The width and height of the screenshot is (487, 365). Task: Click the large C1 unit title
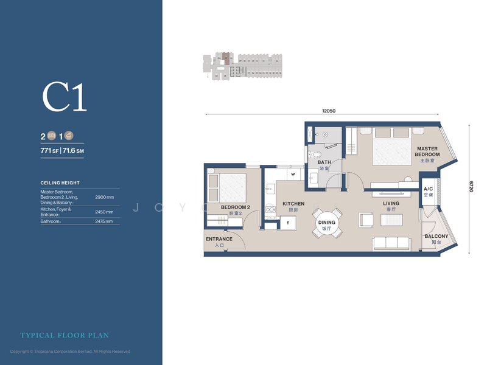(65, 97)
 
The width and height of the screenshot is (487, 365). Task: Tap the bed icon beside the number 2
(52, 136)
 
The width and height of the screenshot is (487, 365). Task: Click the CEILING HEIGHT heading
(60, 182)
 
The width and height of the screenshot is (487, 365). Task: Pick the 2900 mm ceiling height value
(104, 198)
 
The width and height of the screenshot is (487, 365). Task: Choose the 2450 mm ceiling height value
(104, 212)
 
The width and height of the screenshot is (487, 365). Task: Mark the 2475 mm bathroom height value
(104, 221)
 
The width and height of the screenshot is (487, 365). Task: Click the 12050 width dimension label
(329, 111)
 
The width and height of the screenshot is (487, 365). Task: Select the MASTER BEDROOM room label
(427, 151)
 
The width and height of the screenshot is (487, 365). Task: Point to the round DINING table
(327, 223)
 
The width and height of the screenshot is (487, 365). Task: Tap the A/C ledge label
(429, 192)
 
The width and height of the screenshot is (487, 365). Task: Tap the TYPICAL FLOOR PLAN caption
(65, 335)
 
